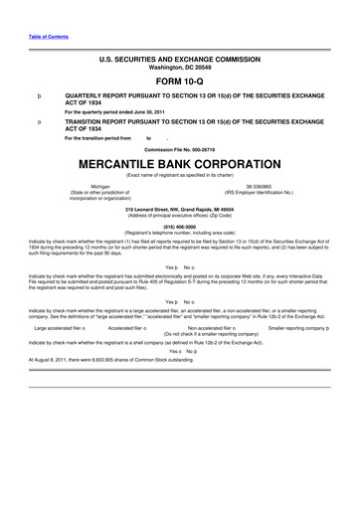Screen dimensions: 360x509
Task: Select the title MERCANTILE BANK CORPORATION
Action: (179, 163)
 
